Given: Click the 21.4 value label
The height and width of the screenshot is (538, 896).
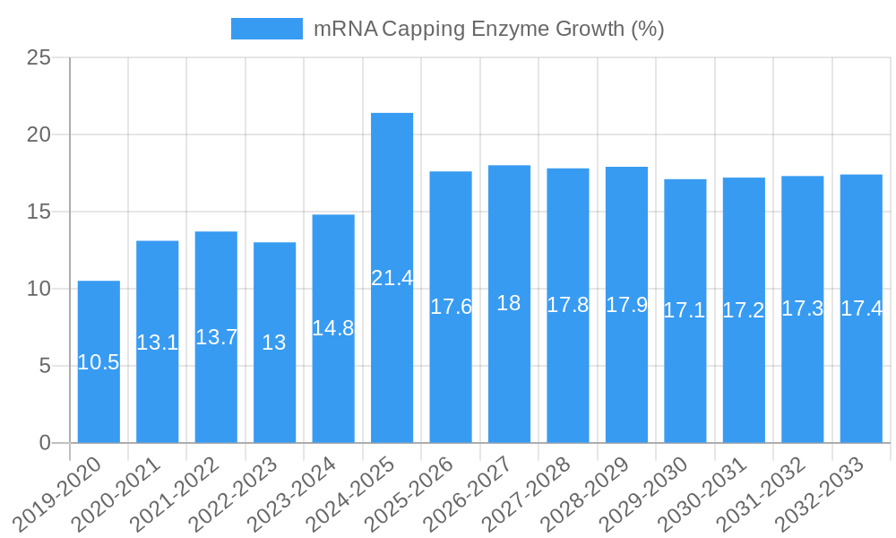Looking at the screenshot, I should [x=392, y=278].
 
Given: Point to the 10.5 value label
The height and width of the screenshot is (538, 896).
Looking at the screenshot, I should [x=99, y=362].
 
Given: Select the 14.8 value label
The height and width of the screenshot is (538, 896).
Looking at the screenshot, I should [x=333, y=328].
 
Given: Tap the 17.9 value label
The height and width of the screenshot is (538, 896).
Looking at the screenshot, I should [x=626, y=305].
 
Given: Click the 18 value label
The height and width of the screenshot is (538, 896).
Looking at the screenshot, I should [x=509, y=303].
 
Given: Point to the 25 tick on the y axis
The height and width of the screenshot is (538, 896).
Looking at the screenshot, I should [x=39, y=57].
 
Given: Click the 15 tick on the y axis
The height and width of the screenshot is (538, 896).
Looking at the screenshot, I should [x=39, y=212].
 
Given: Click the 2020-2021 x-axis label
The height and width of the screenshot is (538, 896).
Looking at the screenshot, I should [x=116, y=492].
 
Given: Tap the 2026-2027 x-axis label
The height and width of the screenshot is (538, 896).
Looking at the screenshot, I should [x=468, y=492].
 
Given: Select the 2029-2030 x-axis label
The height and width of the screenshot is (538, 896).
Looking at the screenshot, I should [x=643, y=492].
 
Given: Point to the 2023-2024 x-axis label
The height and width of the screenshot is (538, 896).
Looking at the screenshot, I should [x=291, y=492].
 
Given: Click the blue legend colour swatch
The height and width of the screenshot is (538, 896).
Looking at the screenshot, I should [x=266, y=29].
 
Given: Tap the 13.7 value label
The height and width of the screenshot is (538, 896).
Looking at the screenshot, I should [x=216, y=337].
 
